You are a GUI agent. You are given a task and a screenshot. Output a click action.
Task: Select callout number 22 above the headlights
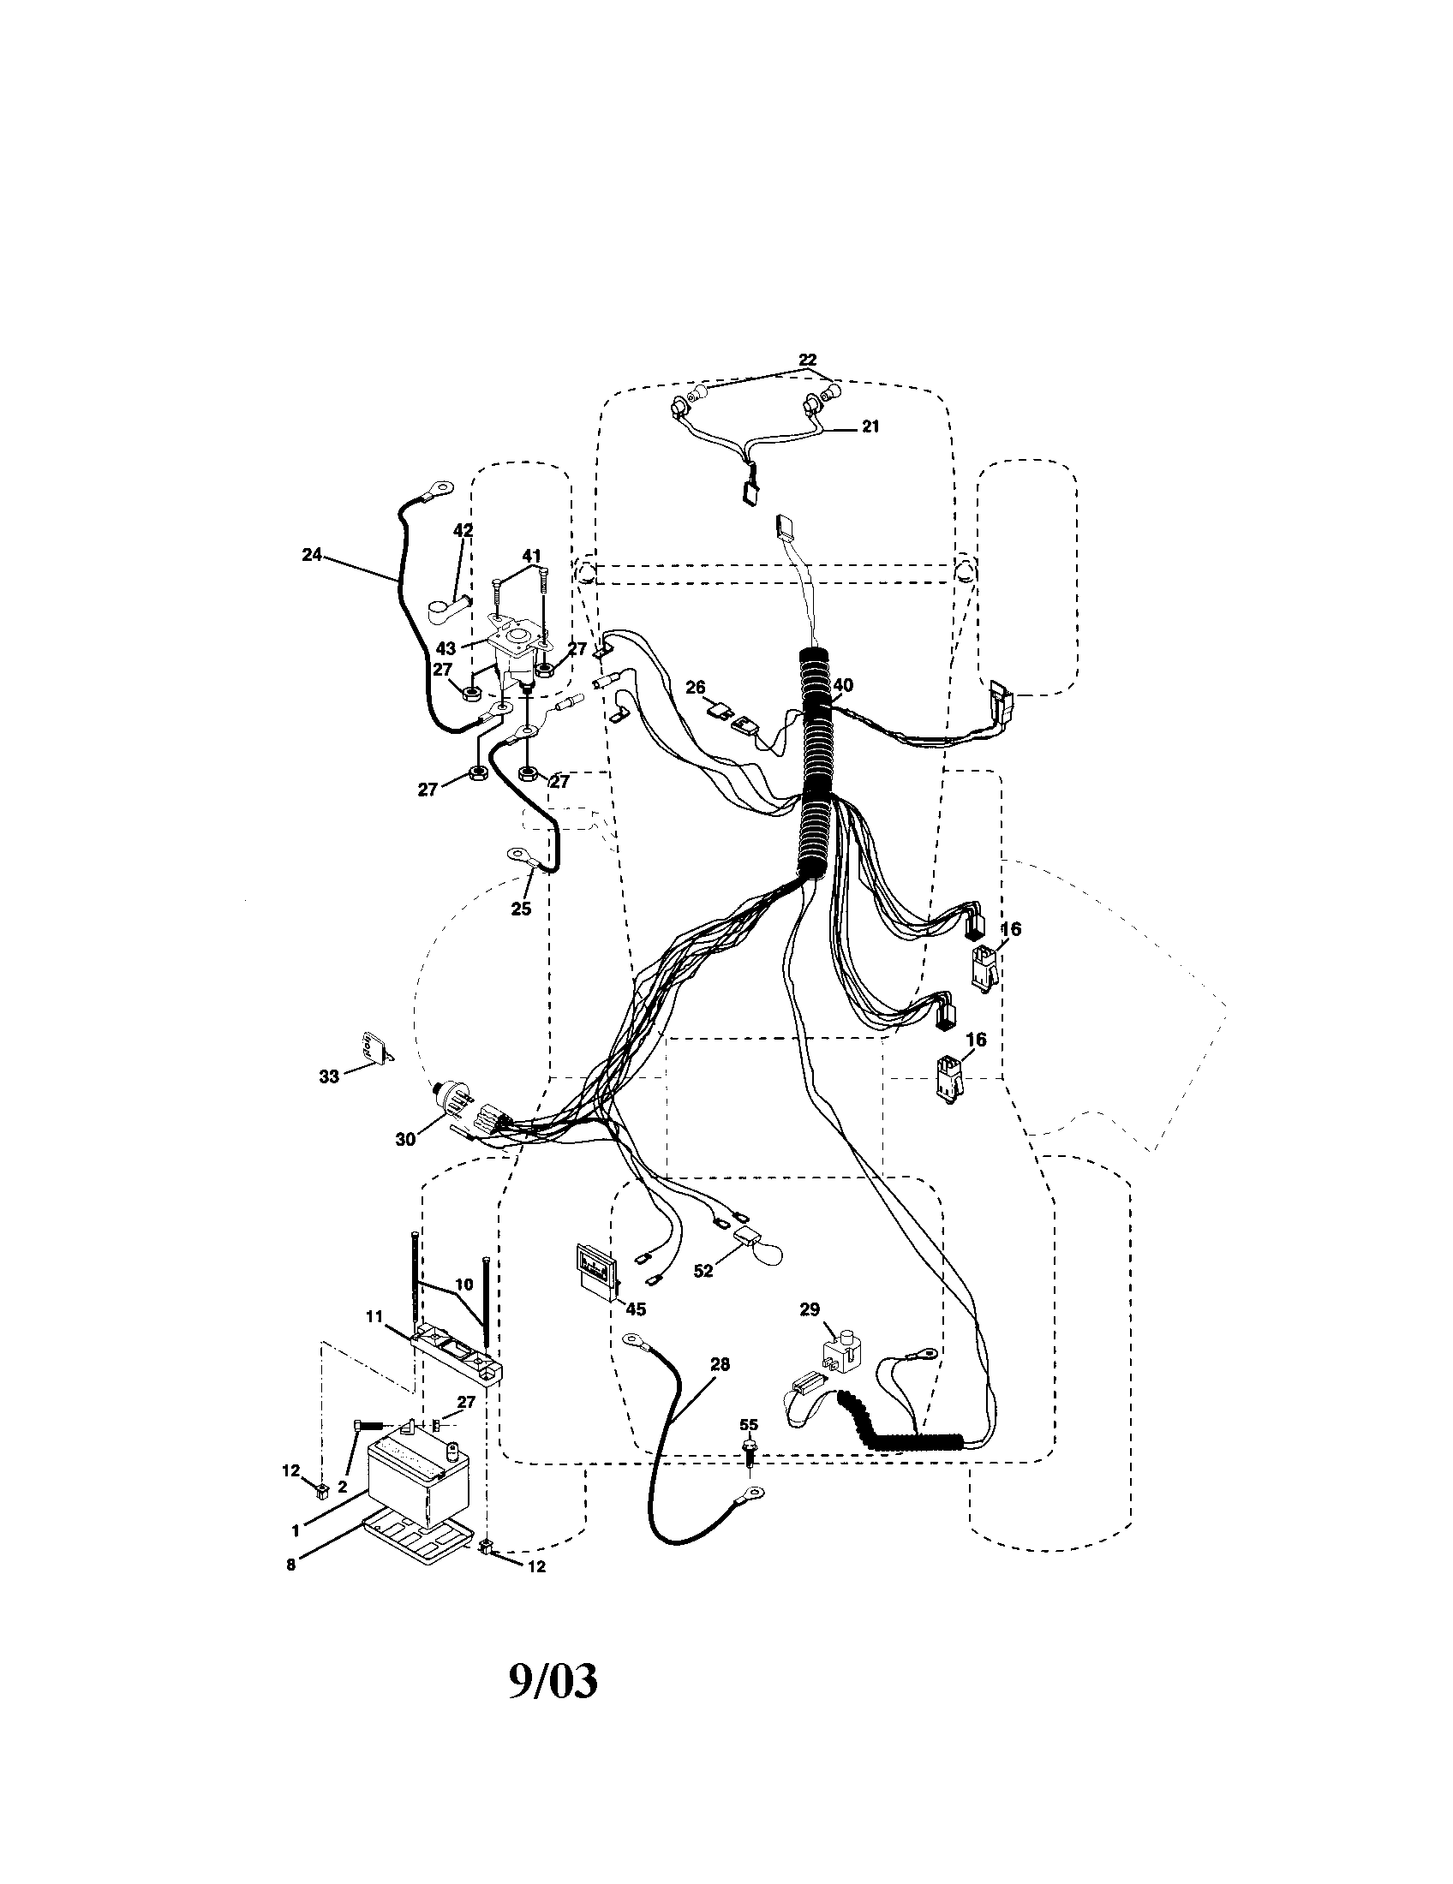(807, 360)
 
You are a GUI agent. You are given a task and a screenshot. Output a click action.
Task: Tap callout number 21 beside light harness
(870, 426)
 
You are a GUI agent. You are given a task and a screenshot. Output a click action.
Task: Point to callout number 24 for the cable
(312, 555)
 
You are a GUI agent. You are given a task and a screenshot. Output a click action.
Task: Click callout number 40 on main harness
(843, 684)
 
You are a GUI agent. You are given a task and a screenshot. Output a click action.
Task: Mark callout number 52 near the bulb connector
(703, 1294)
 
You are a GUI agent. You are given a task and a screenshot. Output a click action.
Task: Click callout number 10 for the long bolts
(464, 1308)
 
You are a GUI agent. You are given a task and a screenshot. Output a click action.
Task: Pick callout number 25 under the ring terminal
(521, 909)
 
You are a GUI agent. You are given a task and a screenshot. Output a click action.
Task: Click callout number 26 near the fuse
(695, 687)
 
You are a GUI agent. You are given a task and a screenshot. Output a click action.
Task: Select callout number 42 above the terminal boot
(463, 531)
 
